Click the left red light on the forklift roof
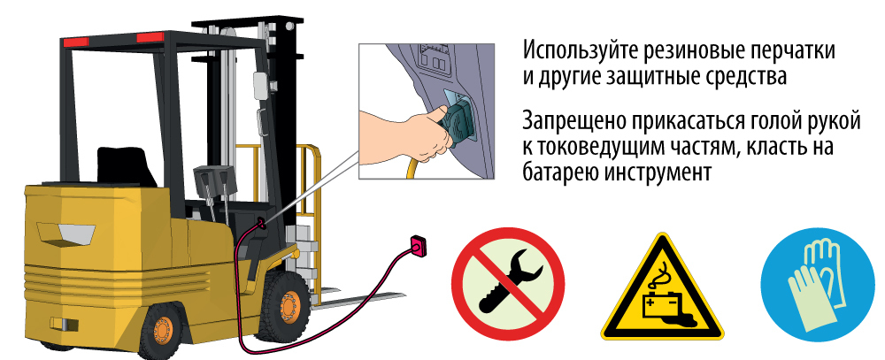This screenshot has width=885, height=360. (75, 42)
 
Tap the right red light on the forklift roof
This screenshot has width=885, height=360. (150, 37)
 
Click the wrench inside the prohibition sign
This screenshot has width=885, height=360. (506, 281)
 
